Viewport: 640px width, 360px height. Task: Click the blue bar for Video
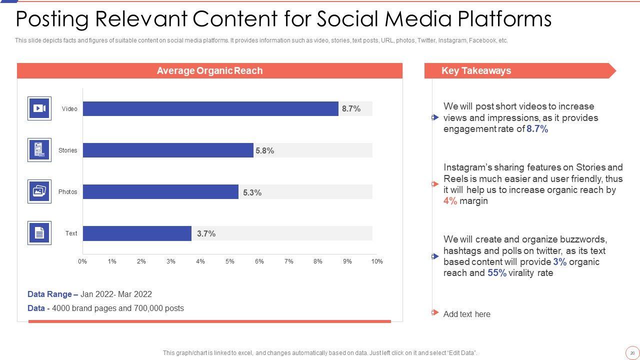coord(210,108)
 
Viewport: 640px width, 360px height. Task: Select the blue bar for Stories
coord(168,150)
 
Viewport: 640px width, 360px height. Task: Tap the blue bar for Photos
coord(160,192)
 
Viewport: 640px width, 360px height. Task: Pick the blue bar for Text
coord(137,233)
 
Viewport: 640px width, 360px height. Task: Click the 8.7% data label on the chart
coord(351,108)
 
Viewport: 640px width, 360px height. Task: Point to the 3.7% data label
coord(206,233)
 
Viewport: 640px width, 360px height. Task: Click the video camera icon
coord(39,108)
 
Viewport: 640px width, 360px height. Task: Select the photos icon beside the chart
coord(39,191)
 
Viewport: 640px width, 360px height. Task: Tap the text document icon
coord(39,233)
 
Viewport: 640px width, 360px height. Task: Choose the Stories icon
coord(39,150)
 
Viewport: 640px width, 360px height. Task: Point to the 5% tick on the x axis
coord(229,261)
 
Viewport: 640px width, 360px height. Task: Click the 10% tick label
coord(377,261)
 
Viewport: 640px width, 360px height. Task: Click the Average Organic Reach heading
coord(209,70)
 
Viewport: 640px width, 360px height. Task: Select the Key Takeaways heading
coord(476,70)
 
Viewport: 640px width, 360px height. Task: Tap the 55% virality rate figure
coord(497,273)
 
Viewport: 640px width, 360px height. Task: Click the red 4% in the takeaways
coord(450,201)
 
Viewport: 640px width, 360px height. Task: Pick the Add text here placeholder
coord(466,314)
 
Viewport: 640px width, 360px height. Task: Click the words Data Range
coord(49,294)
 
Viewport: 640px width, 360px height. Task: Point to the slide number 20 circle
coord(632,353)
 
